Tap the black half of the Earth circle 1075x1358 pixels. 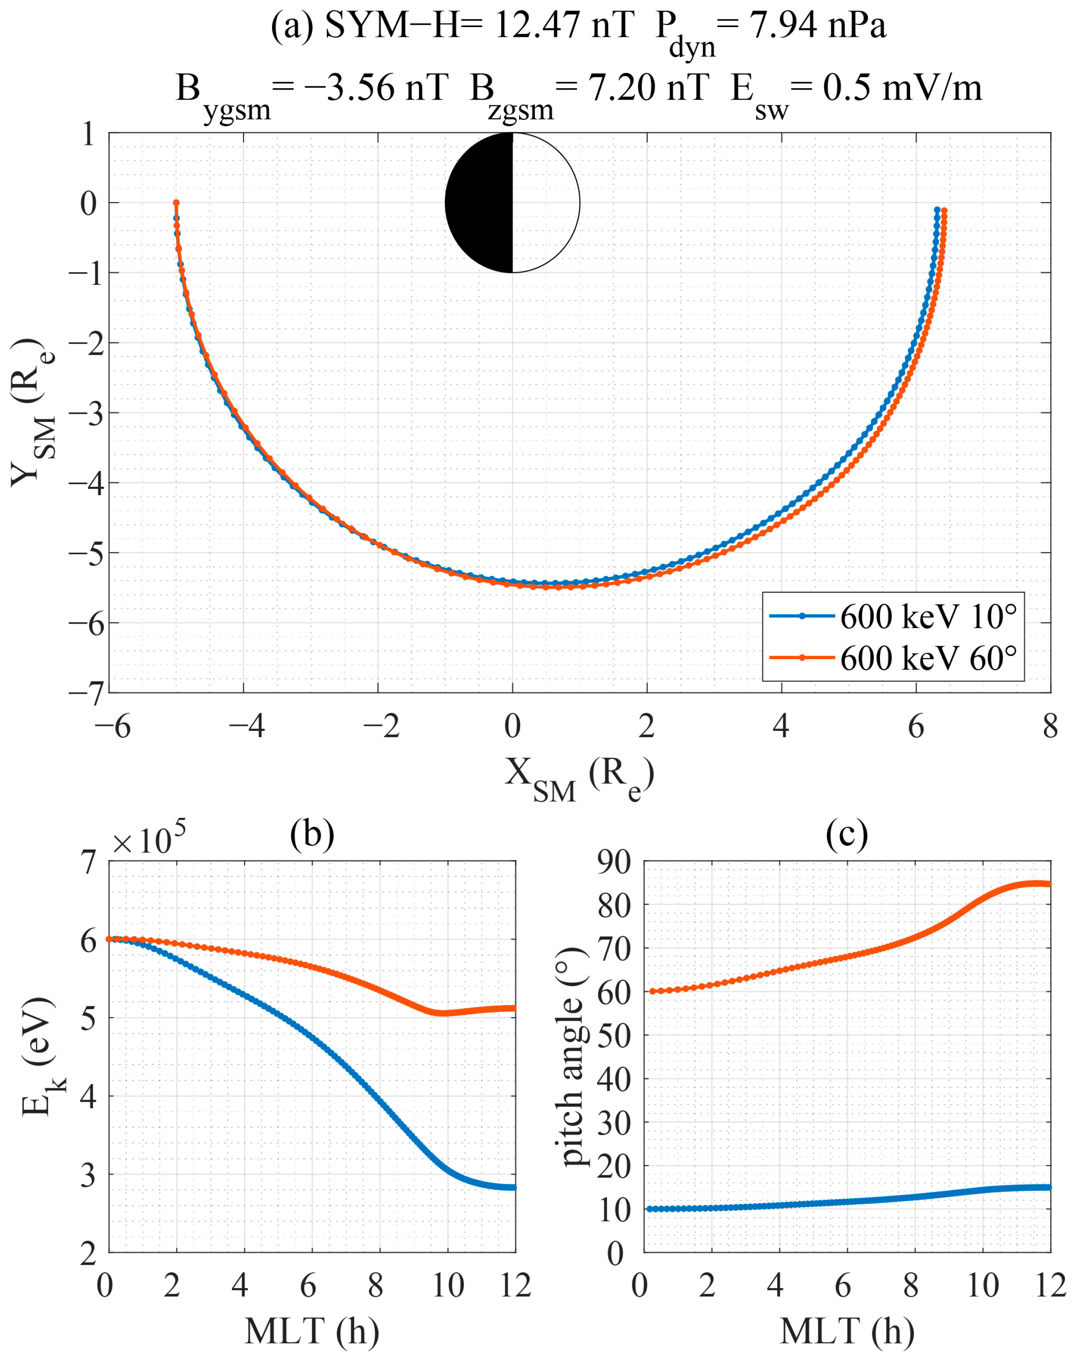(x=478, y=203)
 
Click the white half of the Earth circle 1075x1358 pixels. (x=545, y=203)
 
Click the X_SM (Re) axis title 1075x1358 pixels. (x=579, y=775)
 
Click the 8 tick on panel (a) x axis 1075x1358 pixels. (x=1050, y=728)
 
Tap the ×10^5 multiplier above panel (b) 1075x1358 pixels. (x=149, y=840)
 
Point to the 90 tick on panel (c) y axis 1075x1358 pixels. (x=614, y=862)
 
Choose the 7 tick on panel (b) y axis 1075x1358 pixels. (x=89, y=862)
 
